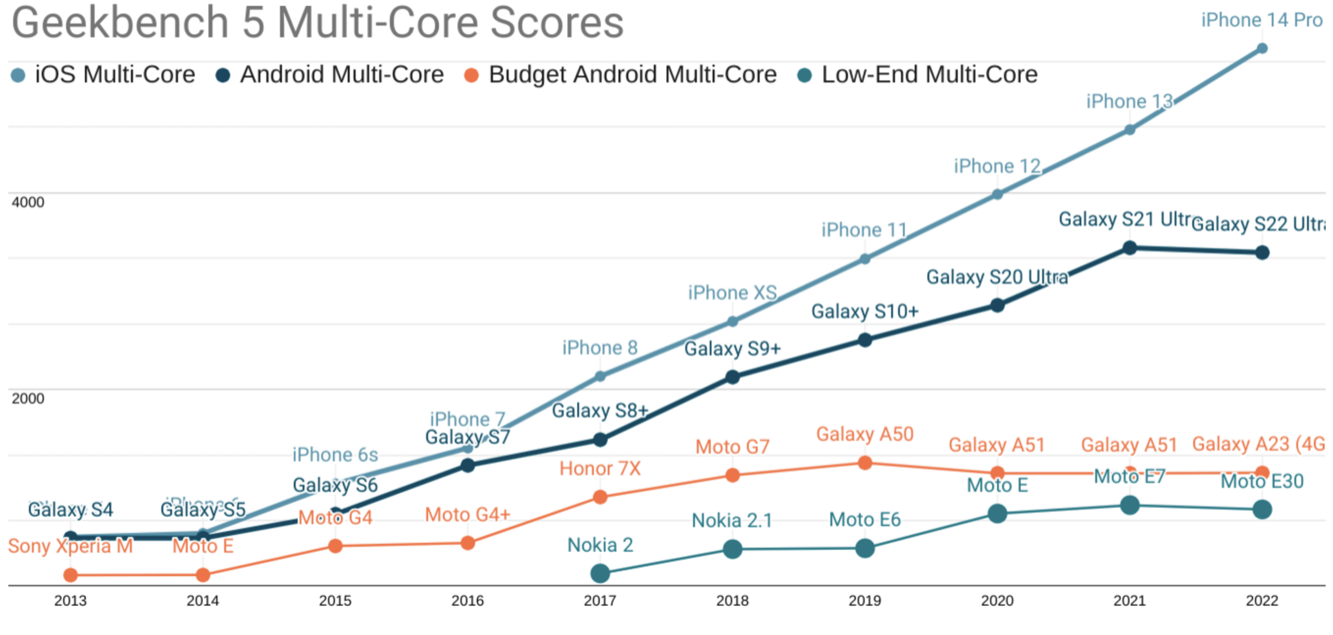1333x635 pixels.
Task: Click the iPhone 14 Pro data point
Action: [x=1262, y=48]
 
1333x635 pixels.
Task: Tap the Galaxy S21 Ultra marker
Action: [x=1129, y=248]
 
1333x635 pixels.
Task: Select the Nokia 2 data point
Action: [x=600, y=574]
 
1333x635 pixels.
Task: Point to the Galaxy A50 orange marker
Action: [x=865, y=463]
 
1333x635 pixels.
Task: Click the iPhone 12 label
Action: [x=997, y=166]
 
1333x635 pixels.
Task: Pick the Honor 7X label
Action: [x=600, y=469]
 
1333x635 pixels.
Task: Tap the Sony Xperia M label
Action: [x=70, y=546]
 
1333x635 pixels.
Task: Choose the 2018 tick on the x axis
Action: [x=732, y=601]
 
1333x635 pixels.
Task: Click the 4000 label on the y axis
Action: [x=28, y=202]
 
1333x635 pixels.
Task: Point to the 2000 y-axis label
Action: [x=28, y=398]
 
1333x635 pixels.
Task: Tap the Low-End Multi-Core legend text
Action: [x=929, y=75]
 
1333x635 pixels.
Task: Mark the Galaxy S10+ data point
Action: [x=865, y=340]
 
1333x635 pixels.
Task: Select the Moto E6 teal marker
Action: [x=865, y=548]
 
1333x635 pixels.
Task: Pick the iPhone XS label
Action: [x=732, y=293]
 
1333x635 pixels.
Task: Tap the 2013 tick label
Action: [x=70, y=601]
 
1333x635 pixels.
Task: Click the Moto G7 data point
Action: [x=733, y=475]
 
